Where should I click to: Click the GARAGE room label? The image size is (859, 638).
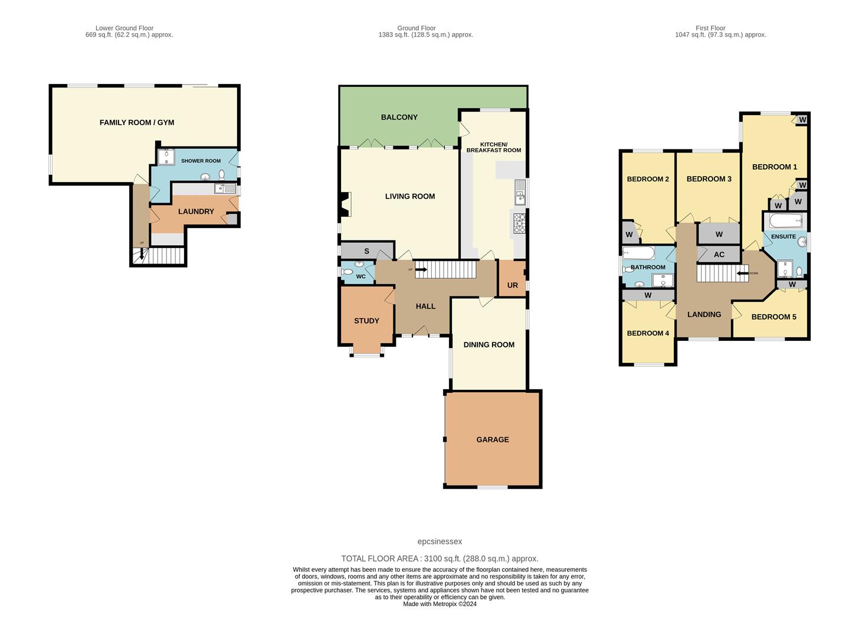pos(492,440)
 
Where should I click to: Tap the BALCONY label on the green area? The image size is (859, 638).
pos(399,117)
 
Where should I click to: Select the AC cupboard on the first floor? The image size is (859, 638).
pos(719,255)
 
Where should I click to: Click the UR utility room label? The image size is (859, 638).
pos(512,285)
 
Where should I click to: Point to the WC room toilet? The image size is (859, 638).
pos(347,273)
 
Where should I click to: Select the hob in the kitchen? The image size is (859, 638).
pos(520,223)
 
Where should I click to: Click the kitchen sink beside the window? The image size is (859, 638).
pos(519,190)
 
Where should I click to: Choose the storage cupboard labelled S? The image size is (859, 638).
pos(366,251)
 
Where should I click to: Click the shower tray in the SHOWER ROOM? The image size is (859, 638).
pos(166,156)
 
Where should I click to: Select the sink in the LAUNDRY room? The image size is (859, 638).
pos(225,189)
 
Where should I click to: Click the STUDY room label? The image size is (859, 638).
pos(366,321)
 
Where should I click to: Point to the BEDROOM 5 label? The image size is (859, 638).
pos(773,317)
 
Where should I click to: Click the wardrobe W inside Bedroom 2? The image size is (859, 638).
pos(630,235)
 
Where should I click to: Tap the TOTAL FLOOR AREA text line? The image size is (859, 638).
pos(440,558)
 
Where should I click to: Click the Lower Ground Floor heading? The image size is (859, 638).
pos(124,28)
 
